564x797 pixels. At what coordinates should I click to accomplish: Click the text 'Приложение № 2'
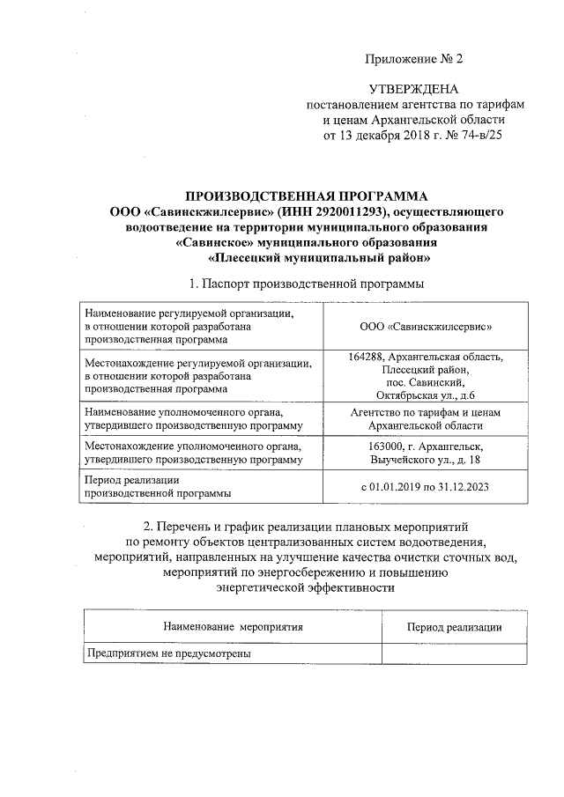(x=413, y=59)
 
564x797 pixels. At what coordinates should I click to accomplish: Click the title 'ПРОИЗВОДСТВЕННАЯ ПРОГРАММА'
(x=306, y=196)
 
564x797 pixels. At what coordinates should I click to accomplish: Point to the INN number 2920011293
(x=352, y=211)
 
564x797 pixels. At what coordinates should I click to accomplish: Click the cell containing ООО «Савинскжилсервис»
(x=426, y=326)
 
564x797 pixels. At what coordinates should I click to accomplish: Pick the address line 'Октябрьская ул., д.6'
(x=426, y=395)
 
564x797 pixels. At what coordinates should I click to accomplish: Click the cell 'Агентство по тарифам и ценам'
(x=426, y=412)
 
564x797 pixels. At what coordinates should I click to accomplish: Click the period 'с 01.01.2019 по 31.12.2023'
(x=426, y=487)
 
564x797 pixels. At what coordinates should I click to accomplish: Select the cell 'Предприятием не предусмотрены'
(x=167, y=654)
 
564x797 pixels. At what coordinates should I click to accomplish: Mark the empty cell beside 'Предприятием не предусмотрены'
(x=455, y=654)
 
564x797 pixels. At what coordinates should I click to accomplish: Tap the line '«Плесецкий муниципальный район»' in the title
(x=319, y=259)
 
